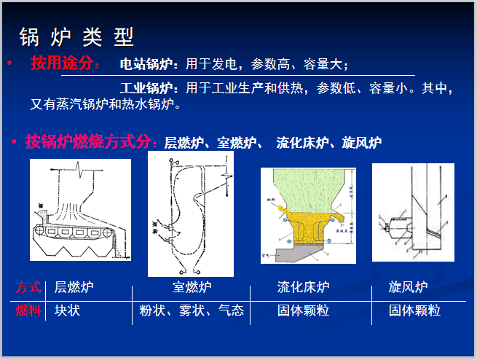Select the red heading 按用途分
(x=65, y=63)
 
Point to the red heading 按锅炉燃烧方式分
(x=90, y=141)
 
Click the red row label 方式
(x=28, y=287)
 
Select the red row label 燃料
(x=28, y=310)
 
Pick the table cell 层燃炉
(x=74, y=287)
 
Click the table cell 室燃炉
(x=192, y=287)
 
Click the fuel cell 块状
(x=68, y=310)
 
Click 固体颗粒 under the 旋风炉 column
(x=414, y=310)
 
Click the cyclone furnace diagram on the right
(x=413, y=211)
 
